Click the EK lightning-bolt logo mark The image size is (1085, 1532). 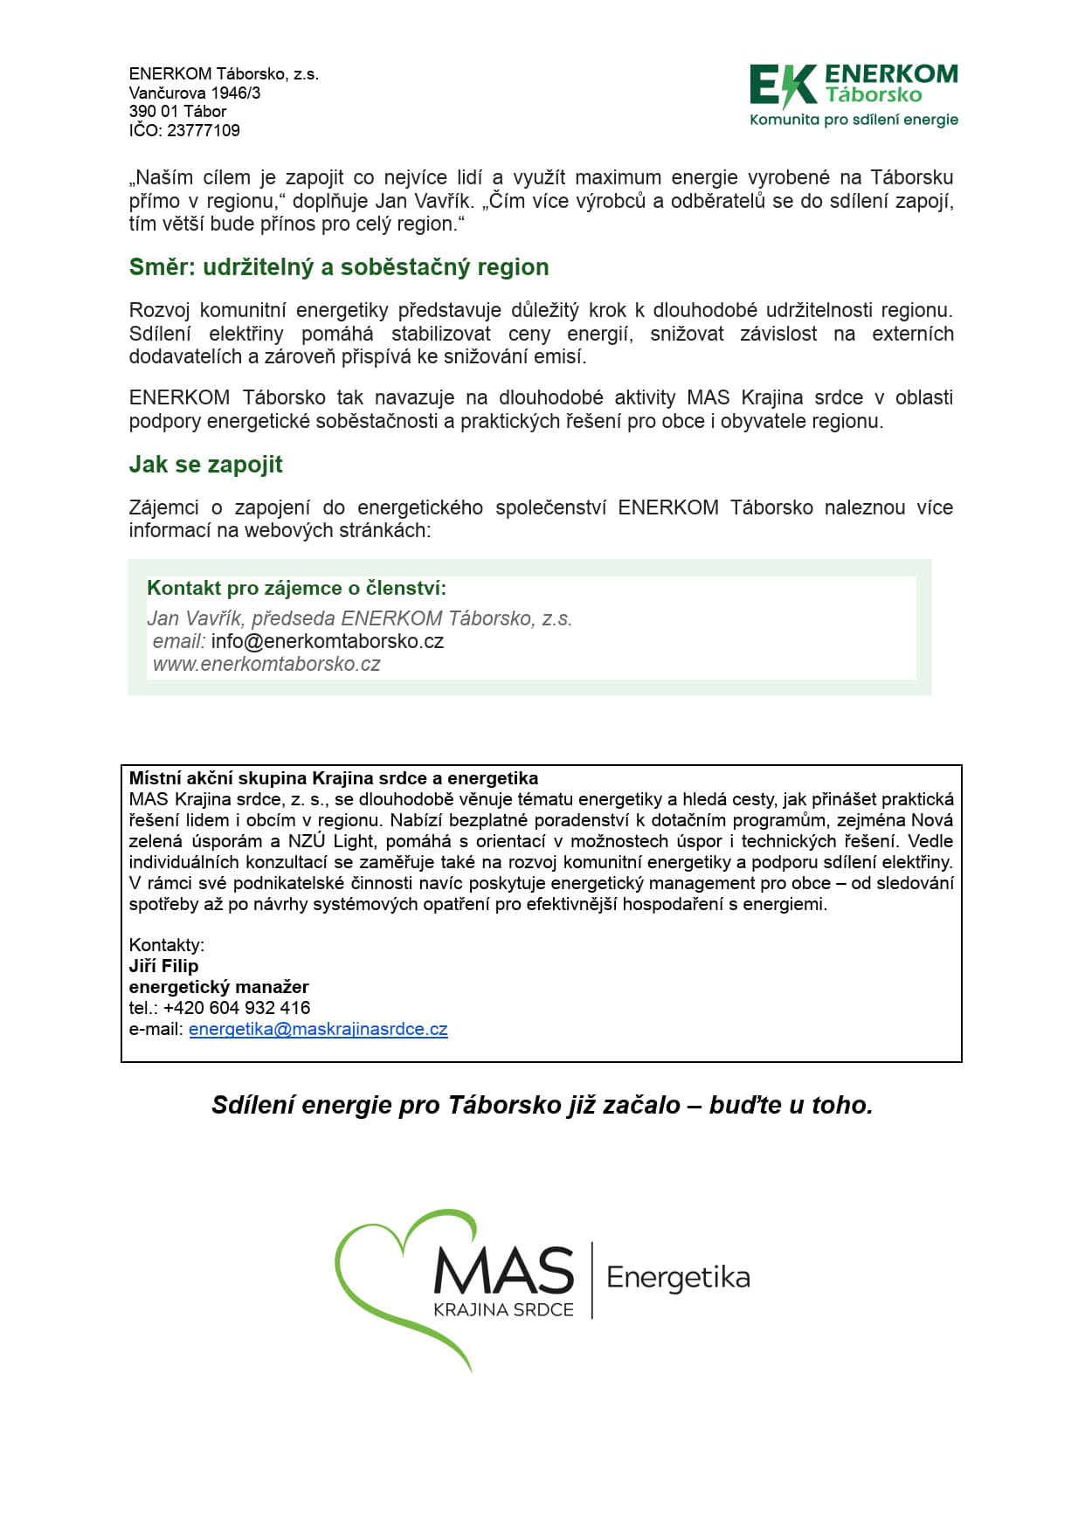pos(783,86)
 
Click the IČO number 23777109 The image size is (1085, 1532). pos(203,130)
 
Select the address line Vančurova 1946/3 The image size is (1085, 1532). pos(194,93)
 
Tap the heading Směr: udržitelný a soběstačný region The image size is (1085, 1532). pos(339,267)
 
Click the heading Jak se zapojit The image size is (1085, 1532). pos(205,465)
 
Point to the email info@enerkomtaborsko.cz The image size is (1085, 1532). pos(327,641)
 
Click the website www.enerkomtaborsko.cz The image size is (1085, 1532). pos(266,664)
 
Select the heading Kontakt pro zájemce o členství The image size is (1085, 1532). pos(296,589)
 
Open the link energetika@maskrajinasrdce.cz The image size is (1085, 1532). pos(318,1029)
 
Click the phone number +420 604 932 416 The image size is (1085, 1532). pos(236,1008)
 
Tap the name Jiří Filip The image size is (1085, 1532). pos(163,966)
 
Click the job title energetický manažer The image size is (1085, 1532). pos(218,987)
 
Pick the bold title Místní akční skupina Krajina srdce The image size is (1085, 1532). pos(333,778)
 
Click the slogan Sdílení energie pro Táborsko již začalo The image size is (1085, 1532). pos(542,1105)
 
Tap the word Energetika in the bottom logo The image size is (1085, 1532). pos(678,1278)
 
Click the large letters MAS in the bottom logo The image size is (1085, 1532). pos(504,1272)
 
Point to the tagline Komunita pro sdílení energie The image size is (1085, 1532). pos(853,120)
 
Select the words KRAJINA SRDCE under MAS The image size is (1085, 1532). pos(503,1310)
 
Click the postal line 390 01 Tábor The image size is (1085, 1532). pos(177,112)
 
